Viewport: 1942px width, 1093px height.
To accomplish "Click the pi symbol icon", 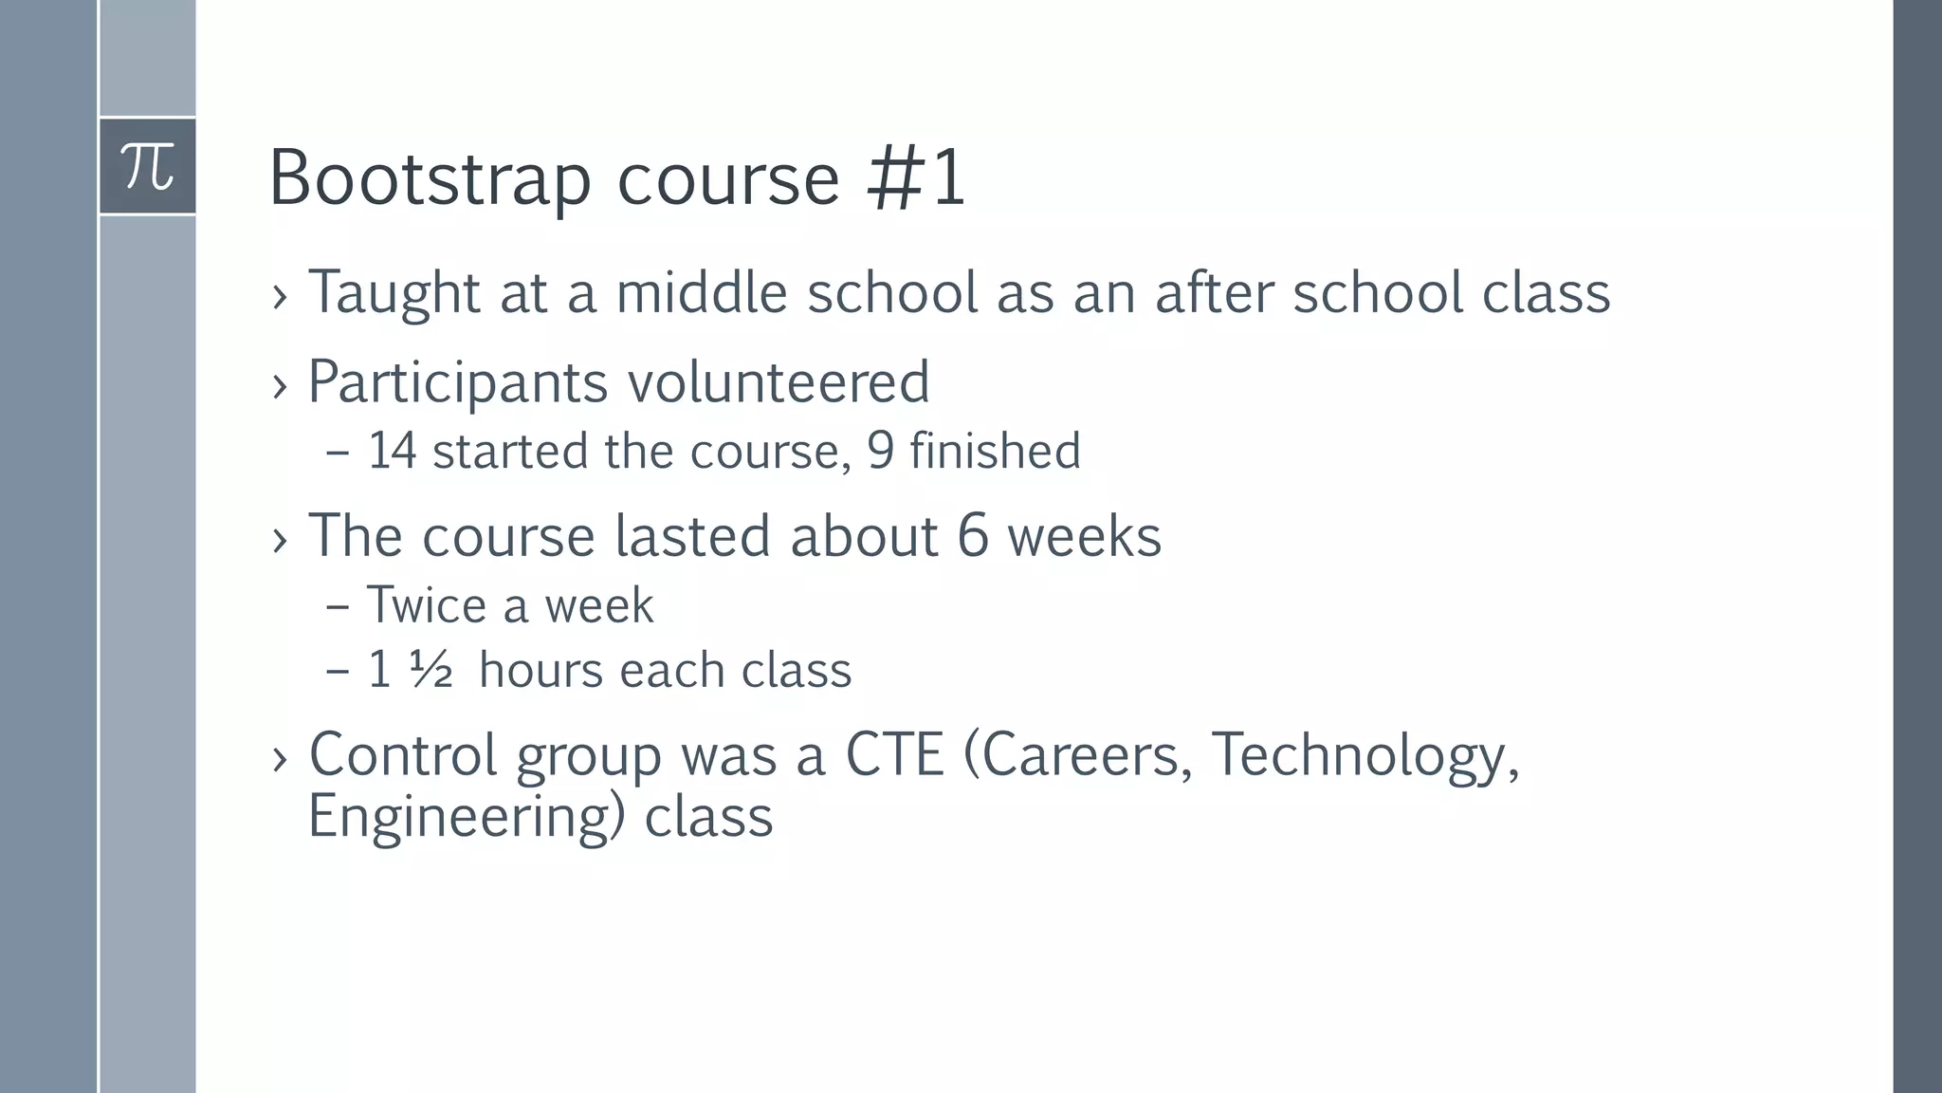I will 148,167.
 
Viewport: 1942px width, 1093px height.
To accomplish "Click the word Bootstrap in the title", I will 430,178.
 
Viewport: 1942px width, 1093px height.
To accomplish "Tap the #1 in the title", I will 917,178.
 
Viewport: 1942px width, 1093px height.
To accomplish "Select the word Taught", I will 394,292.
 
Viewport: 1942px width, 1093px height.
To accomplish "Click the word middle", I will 701,292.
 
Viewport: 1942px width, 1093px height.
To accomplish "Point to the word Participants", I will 458,383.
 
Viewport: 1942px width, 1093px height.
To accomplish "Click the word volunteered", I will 779,383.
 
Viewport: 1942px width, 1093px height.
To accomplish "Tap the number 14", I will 392,451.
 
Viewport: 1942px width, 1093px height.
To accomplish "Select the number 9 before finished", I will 880,451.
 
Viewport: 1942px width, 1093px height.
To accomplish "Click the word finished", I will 995,451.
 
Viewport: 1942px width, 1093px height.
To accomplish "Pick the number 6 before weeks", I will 973,536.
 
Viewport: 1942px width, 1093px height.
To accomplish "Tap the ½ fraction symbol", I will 431,670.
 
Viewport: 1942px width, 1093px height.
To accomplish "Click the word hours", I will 540,670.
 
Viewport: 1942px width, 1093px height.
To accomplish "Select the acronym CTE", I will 894,756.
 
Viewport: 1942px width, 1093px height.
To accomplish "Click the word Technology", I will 1365,756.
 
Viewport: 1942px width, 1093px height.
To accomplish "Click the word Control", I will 403,756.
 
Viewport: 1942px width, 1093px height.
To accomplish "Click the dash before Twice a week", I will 337,607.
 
